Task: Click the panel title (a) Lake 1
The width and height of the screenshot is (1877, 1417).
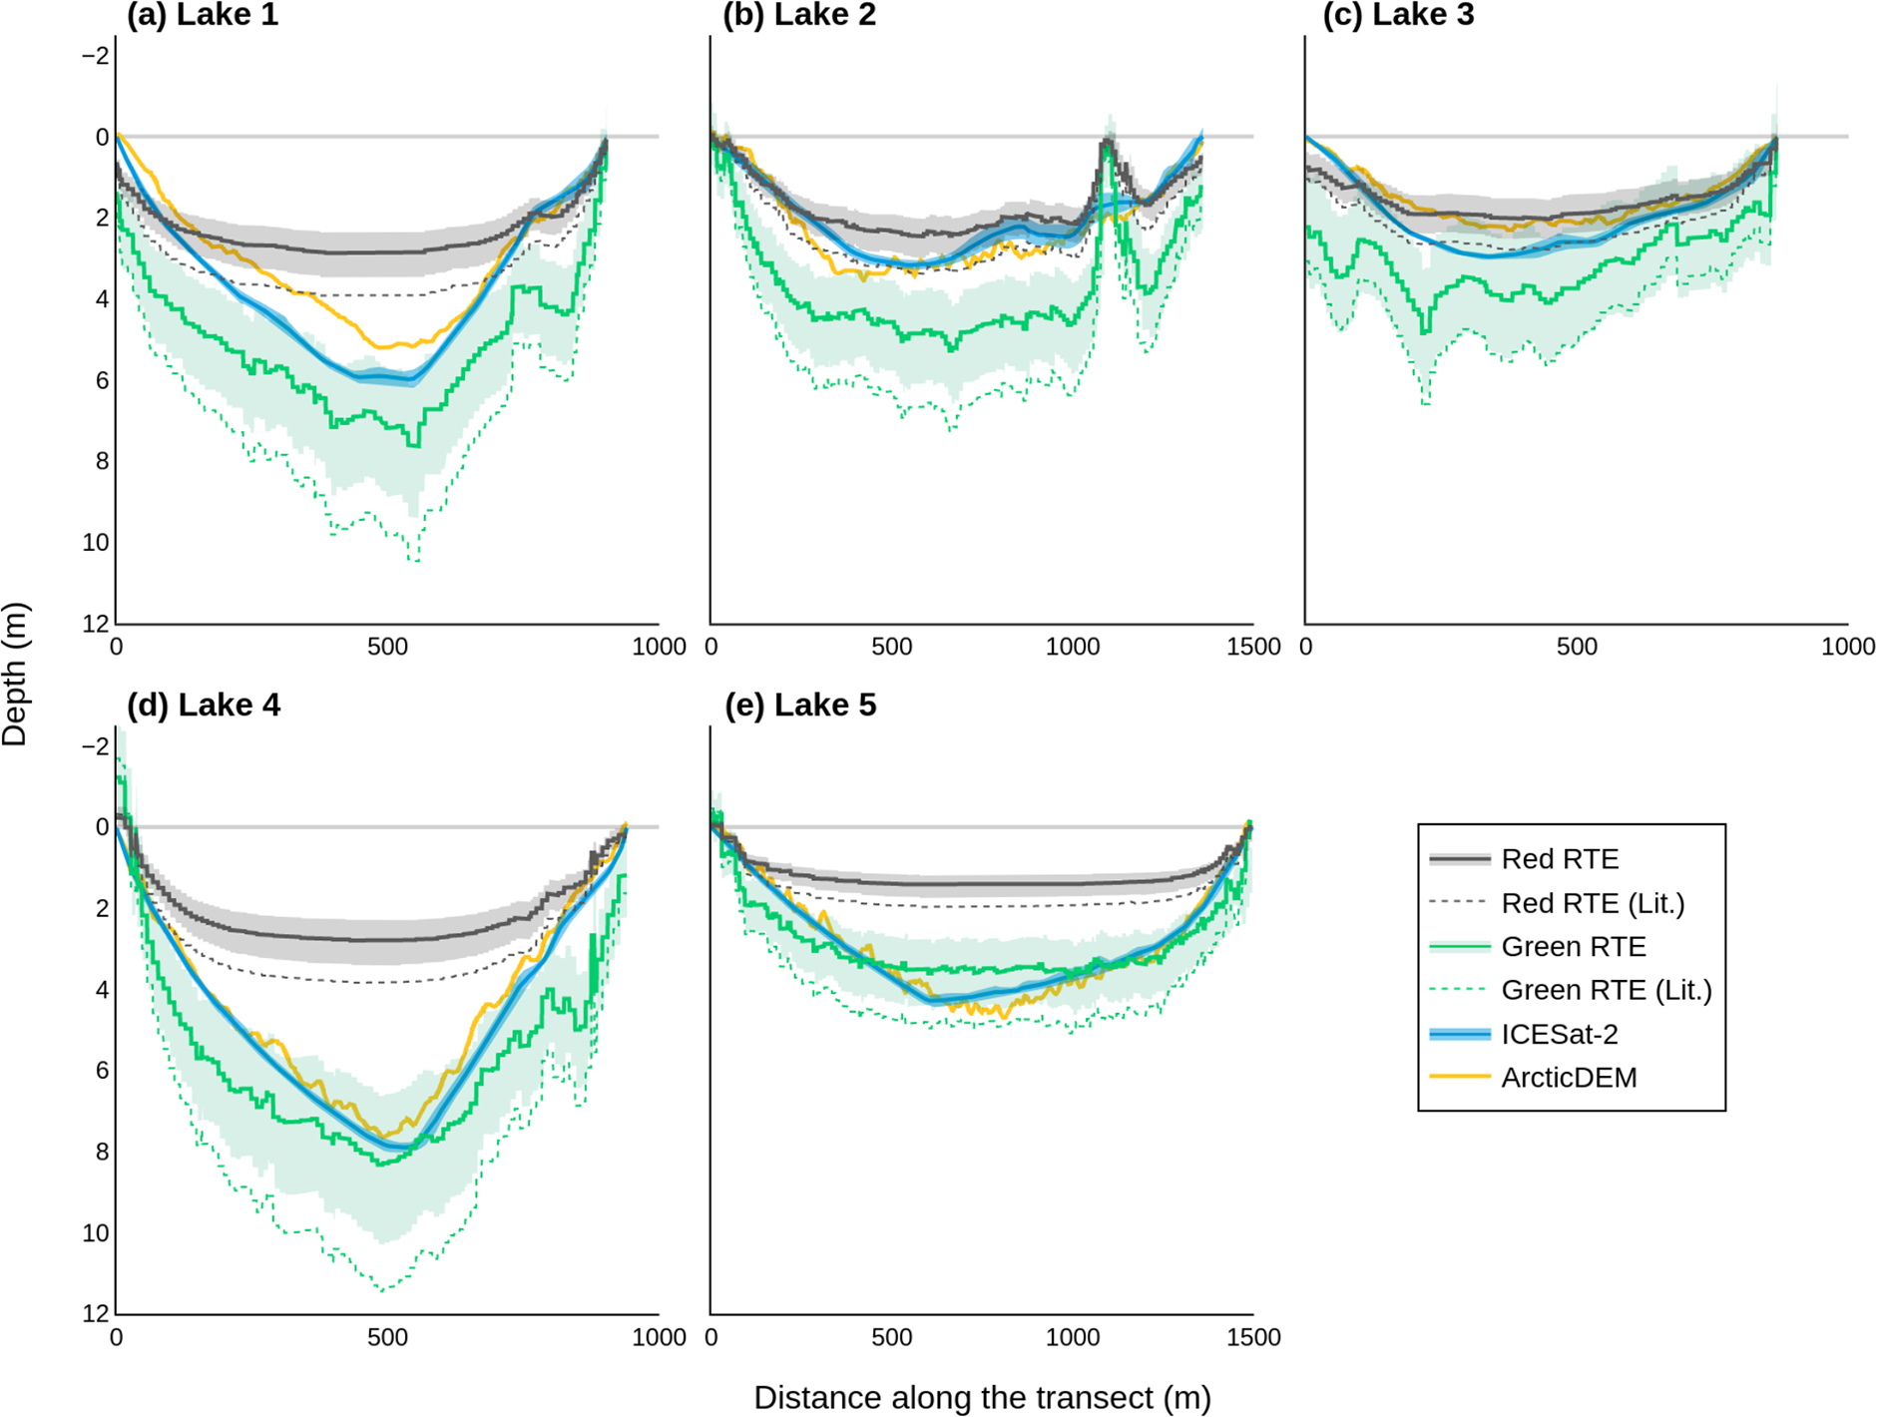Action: [x=202, y=15]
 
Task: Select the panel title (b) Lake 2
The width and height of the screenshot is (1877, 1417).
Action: [x=798, y=15]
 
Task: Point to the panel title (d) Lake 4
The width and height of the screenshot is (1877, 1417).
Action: [x=203, y=706]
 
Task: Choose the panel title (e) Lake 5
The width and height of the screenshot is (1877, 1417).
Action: [x=799, y=706]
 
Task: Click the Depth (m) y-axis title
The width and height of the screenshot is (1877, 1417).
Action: [x=15, y=674]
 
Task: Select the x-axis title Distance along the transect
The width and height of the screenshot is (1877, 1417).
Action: [x=982, y=1397]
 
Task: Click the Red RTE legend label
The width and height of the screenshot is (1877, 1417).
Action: [x=1560, y=859]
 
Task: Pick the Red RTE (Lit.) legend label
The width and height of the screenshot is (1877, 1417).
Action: [x=1593, y=903]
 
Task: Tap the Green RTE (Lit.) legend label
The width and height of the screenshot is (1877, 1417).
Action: [x=1606, y=990]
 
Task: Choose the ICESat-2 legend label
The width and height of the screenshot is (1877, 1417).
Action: [x=1559, y=1034]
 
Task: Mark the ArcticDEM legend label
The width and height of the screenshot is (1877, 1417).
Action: [x=1569, y=1078]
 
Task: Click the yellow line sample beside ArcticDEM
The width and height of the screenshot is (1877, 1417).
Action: [x=1459, y=1078]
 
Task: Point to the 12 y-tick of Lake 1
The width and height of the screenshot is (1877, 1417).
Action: [x=96, y=625]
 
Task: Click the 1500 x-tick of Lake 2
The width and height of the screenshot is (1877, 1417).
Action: [x=1253, y=647]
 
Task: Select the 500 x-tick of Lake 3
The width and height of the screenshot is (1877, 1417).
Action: [x=1577, y=647]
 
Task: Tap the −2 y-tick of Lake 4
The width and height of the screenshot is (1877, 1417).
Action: [x=96, y=746]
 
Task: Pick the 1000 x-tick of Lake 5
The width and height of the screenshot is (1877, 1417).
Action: [x=1073, y=1337]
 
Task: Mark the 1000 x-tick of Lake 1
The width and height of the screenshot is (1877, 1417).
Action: [x=659, y=647]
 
